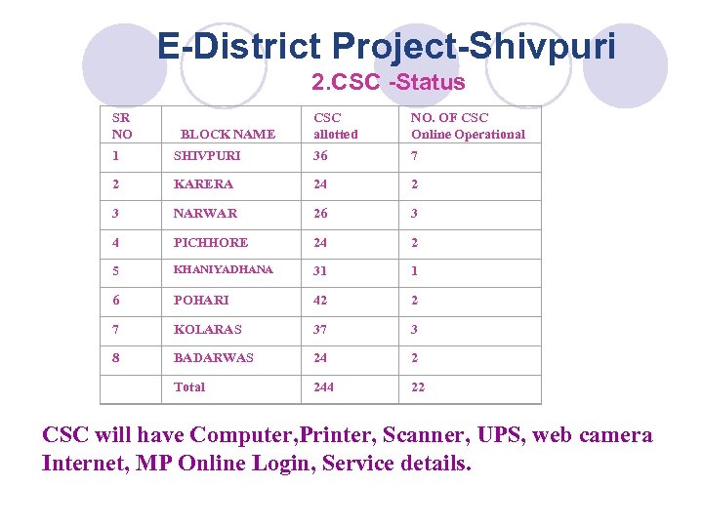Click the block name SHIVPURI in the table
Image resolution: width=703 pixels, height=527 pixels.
(207, 156)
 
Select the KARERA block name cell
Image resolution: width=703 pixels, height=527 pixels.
(203, 184)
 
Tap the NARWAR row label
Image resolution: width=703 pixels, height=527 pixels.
(205, 214)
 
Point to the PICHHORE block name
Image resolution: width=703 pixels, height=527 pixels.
(211, 243)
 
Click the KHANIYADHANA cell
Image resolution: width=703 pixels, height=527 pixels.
(223, 270)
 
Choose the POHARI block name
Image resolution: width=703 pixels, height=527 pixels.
(201, 301)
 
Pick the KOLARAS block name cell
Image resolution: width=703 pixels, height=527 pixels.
(207, 330)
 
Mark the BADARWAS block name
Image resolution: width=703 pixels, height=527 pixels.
(213, 358)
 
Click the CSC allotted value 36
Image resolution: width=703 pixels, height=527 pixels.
(320, 156)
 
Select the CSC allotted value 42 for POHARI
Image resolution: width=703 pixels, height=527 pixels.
(320, 301)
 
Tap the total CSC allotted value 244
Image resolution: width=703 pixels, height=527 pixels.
(323, 387)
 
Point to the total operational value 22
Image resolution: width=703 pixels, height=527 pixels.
(418, 387)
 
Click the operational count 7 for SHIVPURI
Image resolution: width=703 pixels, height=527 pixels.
(414, 156)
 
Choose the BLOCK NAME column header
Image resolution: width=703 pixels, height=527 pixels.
(228, 135)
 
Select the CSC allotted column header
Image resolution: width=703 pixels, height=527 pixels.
(335, 126)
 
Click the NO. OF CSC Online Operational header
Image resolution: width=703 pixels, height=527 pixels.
(468, 126)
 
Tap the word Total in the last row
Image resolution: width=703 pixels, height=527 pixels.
(189, 387)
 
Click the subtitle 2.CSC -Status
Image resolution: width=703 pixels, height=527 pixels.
(388, 82)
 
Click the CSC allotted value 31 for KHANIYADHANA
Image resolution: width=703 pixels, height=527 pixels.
(320, 271)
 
